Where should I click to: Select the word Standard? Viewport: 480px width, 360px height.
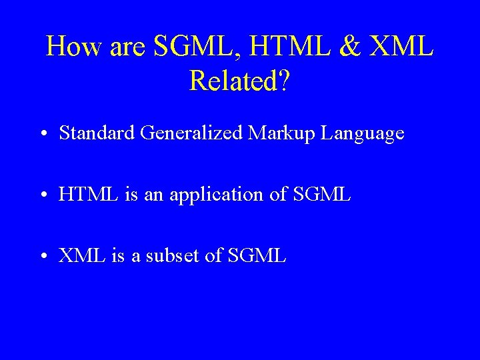coord(97,133)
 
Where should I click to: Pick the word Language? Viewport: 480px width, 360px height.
coord(362,134)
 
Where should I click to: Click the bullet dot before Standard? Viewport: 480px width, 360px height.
coord(43,134)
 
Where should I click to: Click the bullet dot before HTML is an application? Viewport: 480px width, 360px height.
coord(43,195)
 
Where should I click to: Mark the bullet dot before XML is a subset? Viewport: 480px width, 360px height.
coord(43,256)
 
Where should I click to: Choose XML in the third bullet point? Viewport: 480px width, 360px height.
coord(79,255)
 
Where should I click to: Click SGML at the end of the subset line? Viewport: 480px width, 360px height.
coord(257,255)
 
